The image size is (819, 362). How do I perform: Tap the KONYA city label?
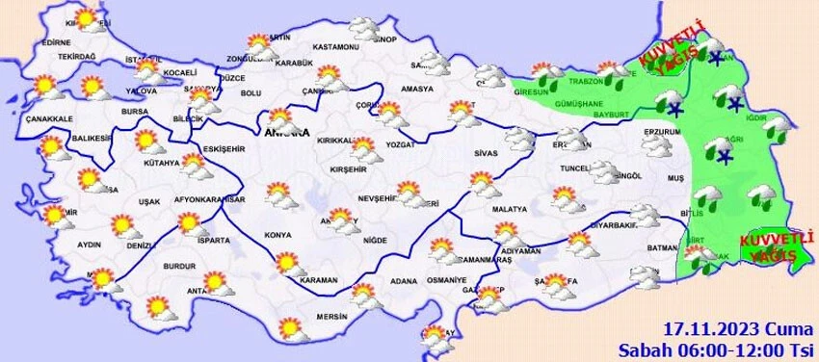277,234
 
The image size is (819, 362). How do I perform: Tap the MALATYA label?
509,208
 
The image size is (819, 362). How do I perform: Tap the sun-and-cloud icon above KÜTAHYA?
146,142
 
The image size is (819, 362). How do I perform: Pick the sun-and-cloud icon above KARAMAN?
286,263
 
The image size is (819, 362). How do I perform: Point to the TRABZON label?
586,82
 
